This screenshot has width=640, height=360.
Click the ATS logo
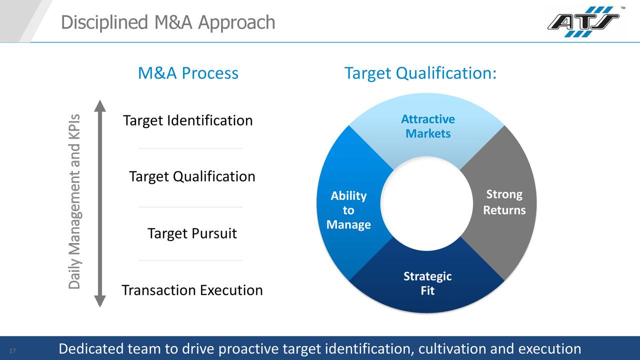pyautogui.click(x=583, y=22)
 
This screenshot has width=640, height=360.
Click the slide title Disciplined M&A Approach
pyautogui.click(x=168, y=22)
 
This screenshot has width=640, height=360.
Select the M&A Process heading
pyautogui.click(x=188, y=73)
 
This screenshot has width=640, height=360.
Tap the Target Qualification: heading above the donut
pyautogui.click(x=420, y=73)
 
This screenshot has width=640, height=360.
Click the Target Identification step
pyautogui.click(x=187, y=120)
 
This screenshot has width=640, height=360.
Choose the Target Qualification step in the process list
pyautogui.click(x=192, y=176)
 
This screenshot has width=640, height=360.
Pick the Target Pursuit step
pyautogui.click(x=192, y=233)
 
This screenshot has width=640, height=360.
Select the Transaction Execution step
pyautogui.click(x=192, y=290)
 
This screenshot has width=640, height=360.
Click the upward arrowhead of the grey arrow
pyautogui.click(x=100, y=106)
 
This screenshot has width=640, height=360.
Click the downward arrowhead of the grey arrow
pyautogui.click(x=100, y=300)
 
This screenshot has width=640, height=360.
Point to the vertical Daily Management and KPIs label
pyautogui.click(x=74, y=201)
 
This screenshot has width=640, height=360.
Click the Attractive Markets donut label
pyautogui.click(x=428, y=126)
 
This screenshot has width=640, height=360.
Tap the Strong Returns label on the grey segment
pyautogui.click(x=504, y=202)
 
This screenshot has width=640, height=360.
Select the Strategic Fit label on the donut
pyautogui.click(x=427, y=283)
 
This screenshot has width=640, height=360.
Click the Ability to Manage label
pyautogui.click(x=348, y=210)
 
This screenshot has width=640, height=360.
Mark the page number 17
pyautogui.click(x=13, y=351)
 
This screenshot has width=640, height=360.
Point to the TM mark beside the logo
pyautogui.click(x=623, y=8)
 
